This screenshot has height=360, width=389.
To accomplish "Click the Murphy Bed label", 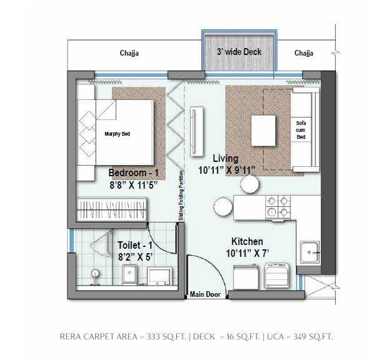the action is tap(118, 134).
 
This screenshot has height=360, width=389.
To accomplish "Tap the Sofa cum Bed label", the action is tap(301, 130).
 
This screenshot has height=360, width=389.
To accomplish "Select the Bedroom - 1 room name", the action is tap(133, 172).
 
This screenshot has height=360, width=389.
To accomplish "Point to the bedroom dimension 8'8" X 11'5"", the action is tap(134, 185).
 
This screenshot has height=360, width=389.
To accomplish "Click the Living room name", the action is tap(226, 158).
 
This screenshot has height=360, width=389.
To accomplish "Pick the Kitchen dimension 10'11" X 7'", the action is tap(248, 253).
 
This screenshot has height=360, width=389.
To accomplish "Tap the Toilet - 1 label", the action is tap(135, 245).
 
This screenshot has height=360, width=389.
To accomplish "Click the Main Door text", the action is tap(205, 294).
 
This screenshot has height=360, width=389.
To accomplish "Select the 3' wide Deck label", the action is tap(239, 52).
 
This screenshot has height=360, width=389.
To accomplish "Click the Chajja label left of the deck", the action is tap(129, 53).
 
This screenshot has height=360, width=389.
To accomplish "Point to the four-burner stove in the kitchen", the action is tap(278, 207).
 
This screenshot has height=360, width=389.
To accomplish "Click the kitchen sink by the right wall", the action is tap(310, 252).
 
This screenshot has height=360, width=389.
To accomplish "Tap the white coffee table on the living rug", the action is tap(263, 131).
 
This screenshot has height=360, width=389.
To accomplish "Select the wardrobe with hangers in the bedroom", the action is tap(111, 209).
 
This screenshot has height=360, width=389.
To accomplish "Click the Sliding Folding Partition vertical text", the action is tap(181, 196).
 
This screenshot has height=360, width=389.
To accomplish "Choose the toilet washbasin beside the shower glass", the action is tap(129, 274).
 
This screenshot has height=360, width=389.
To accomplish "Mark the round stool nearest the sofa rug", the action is tap(250, 184).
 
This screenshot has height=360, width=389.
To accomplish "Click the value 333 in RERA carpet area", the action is tap(153, 336).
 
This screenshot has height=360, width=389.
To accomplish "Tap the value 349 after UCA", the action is tap(300, 336).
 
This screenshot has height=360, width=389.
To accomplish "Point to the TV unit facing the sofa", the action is tap(197, 131).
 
